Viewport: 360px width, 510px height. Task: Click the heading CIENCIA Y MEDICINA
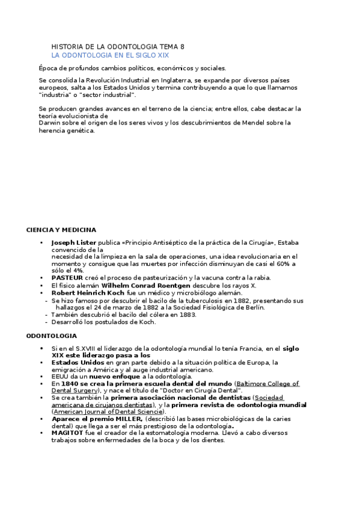coord(61,230)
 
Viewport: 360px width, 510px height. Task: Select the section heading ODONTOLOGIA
coord(51,336)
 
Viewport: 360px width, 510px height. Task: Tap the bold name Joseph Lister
coord(74,243)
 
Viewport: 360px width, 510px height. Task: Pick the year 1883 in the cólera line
coord(188,315)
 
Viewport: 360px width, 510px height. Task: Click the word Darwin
coord(49,123)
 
